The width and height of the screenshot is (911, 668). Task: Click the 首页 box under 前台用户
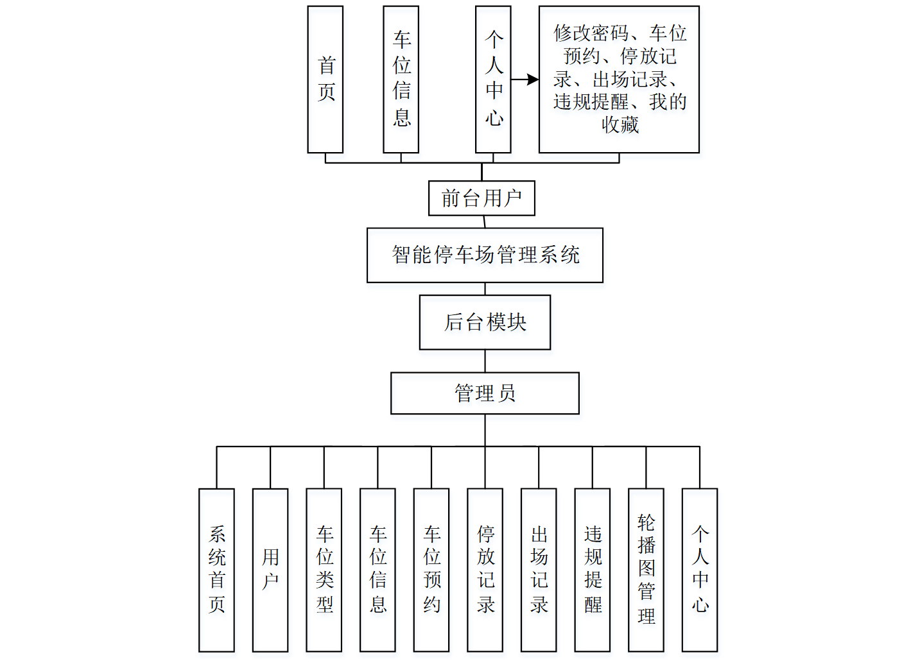[x=325, y=80]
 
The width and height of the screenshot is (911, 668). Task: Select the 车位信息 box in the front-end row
[x=401, y=80]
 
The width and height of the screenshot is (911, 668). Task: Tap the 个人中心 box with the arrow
[x=493, y=80]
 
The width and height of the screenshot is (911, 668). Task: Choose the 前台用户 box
[x=482, y=198]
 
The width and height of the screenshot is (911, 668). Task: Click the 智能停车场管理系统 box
[x=485, y=255]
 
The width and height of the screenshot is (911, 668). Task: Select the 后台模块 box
[x=485, y=322]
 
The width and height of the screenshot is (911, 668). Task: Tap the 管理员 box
[x=485, y=393]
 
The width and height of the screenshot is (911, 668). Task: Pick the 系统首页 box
[x=216, y=570]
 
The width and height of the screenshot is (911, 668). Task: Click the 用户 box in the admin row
[x=270, y=570]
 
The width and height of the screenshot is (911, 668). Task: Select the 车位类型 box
[x=324, y=570]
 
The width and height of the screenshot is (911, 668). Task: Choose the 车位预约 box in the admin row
[x=431, y=570]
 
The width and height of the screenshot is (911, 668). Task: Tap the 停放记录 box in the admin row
[x=485, y=570]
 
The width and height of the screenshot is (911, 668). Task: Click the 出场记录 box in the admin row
[x=539, y=570]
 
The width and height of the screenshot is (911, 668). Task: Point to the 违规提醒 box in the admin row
[x=593, y=570]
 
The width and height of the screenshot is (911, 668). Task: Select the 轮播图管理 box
[x=646, y=570]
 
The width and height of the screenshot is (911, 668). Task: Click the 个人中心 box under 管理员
[x=700, y=570]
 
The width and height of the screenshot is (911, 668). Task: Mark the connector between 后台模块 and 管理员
[x=485, y=361]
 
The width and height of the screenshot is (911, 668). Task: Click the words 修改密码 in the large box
[x=591, y=33]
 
